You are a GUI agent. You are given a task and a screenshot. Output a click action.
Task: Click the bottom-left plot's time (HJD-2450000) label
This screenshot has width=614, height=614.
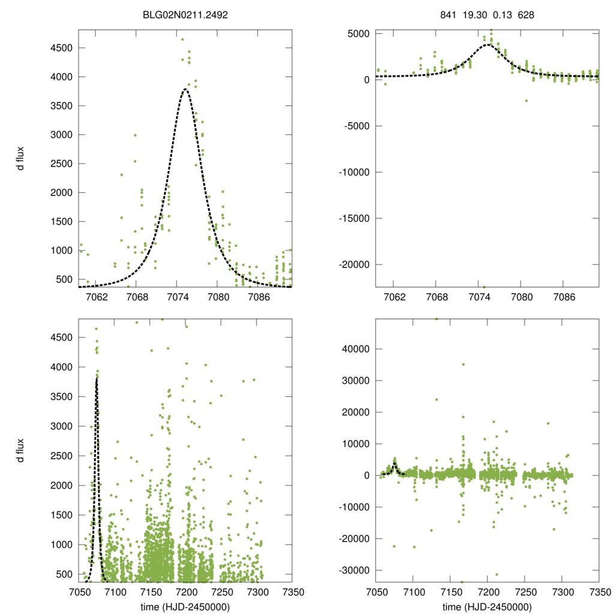coord(186,607)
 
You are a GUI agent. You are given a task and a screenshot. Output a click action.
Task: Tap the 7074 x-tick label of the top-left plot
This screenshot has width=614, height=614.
coord(177,297)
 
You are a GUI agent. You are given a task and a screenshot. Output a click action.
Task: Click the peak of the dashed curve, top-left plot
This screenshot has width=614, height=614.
coord(185,89)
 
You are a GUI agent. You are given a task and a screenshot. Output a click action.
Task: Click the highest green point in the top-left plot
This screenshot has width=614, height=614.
coord(182,40)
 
